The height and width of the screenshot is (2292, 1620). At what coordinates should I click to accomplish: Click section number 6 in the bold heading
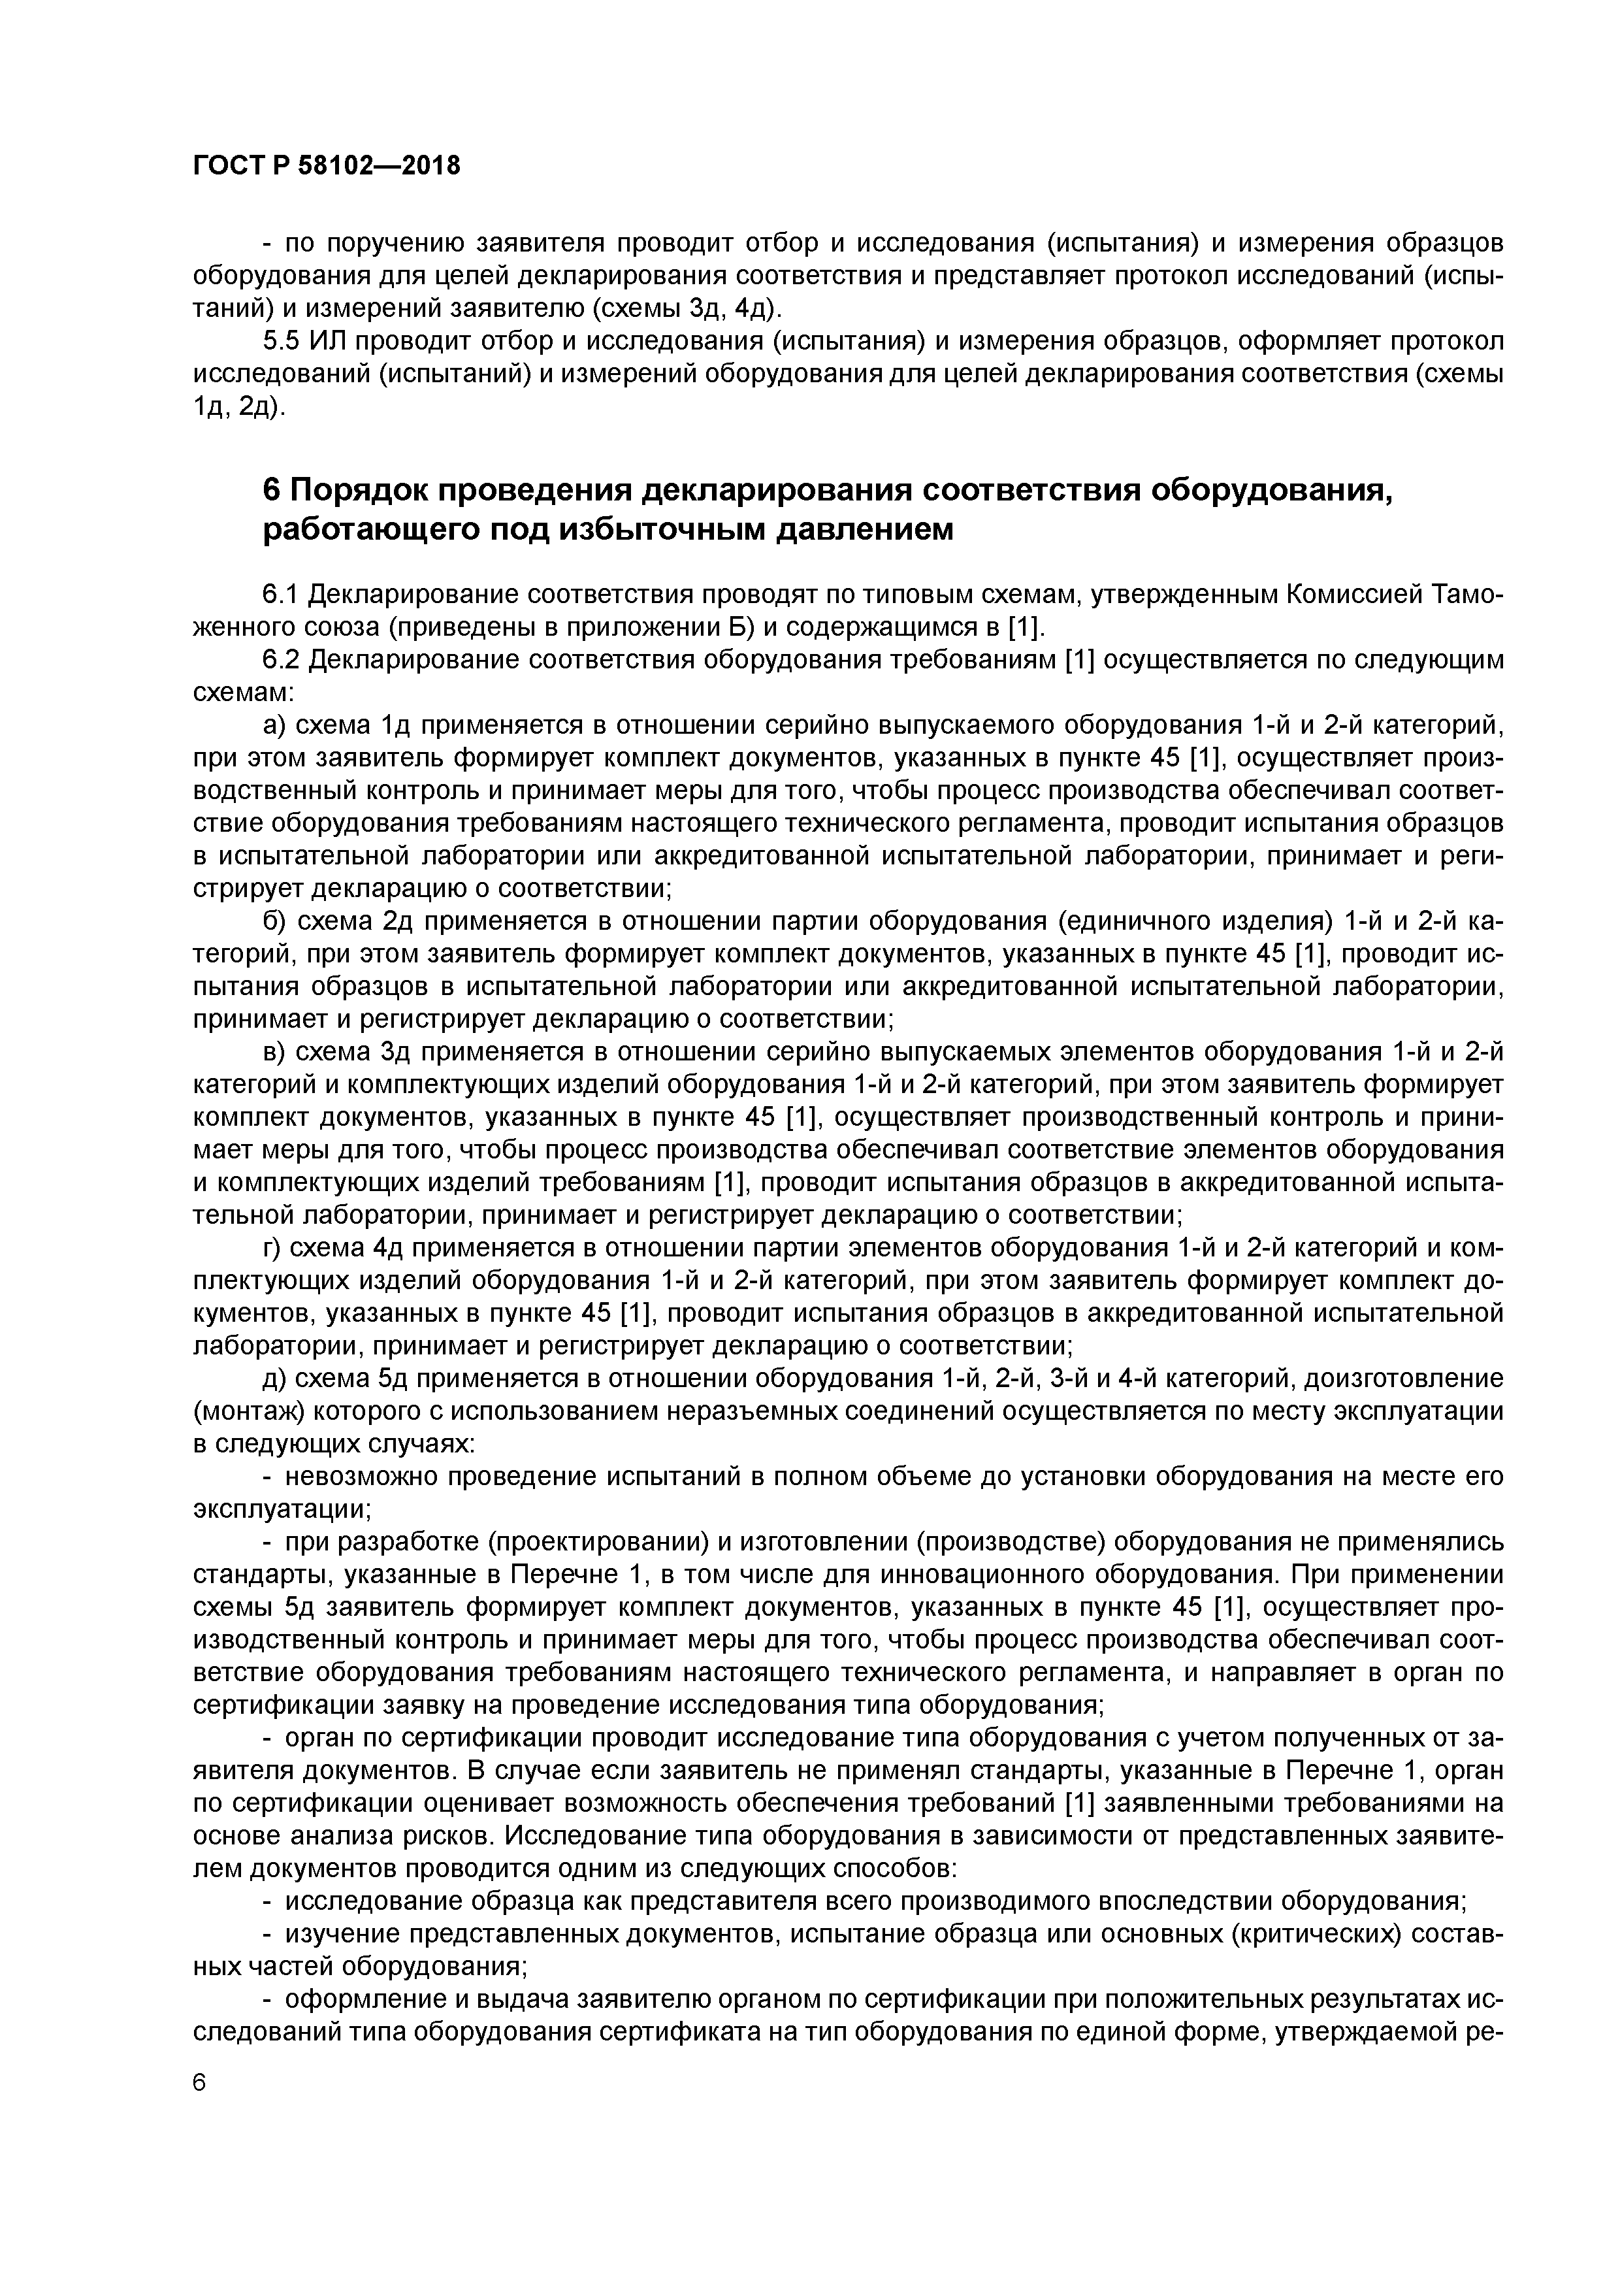(x=272, y=491)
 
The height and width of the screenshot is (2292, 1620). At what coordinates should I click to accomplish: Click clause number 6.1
(x=280, y=595)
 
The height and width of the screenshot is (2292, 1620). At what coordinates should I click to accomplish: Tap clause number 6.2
(x=280, y=660)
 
